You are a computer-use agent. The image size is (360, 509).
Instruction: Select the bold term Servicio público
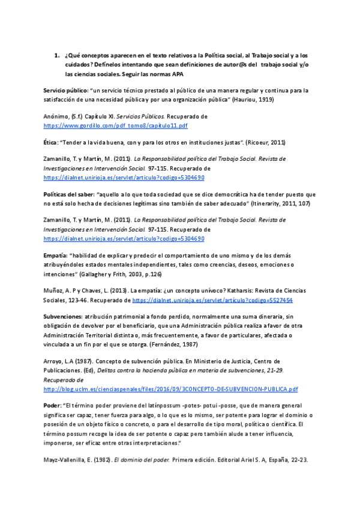[65, 91]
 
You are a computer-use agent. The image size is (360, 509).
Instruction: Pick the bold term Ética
[52, 142]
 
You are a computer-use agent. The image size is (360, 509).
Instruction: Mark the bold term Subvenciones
[62, 316]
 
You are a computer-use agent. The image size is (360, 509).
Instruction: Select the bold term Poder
[51, 406]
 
